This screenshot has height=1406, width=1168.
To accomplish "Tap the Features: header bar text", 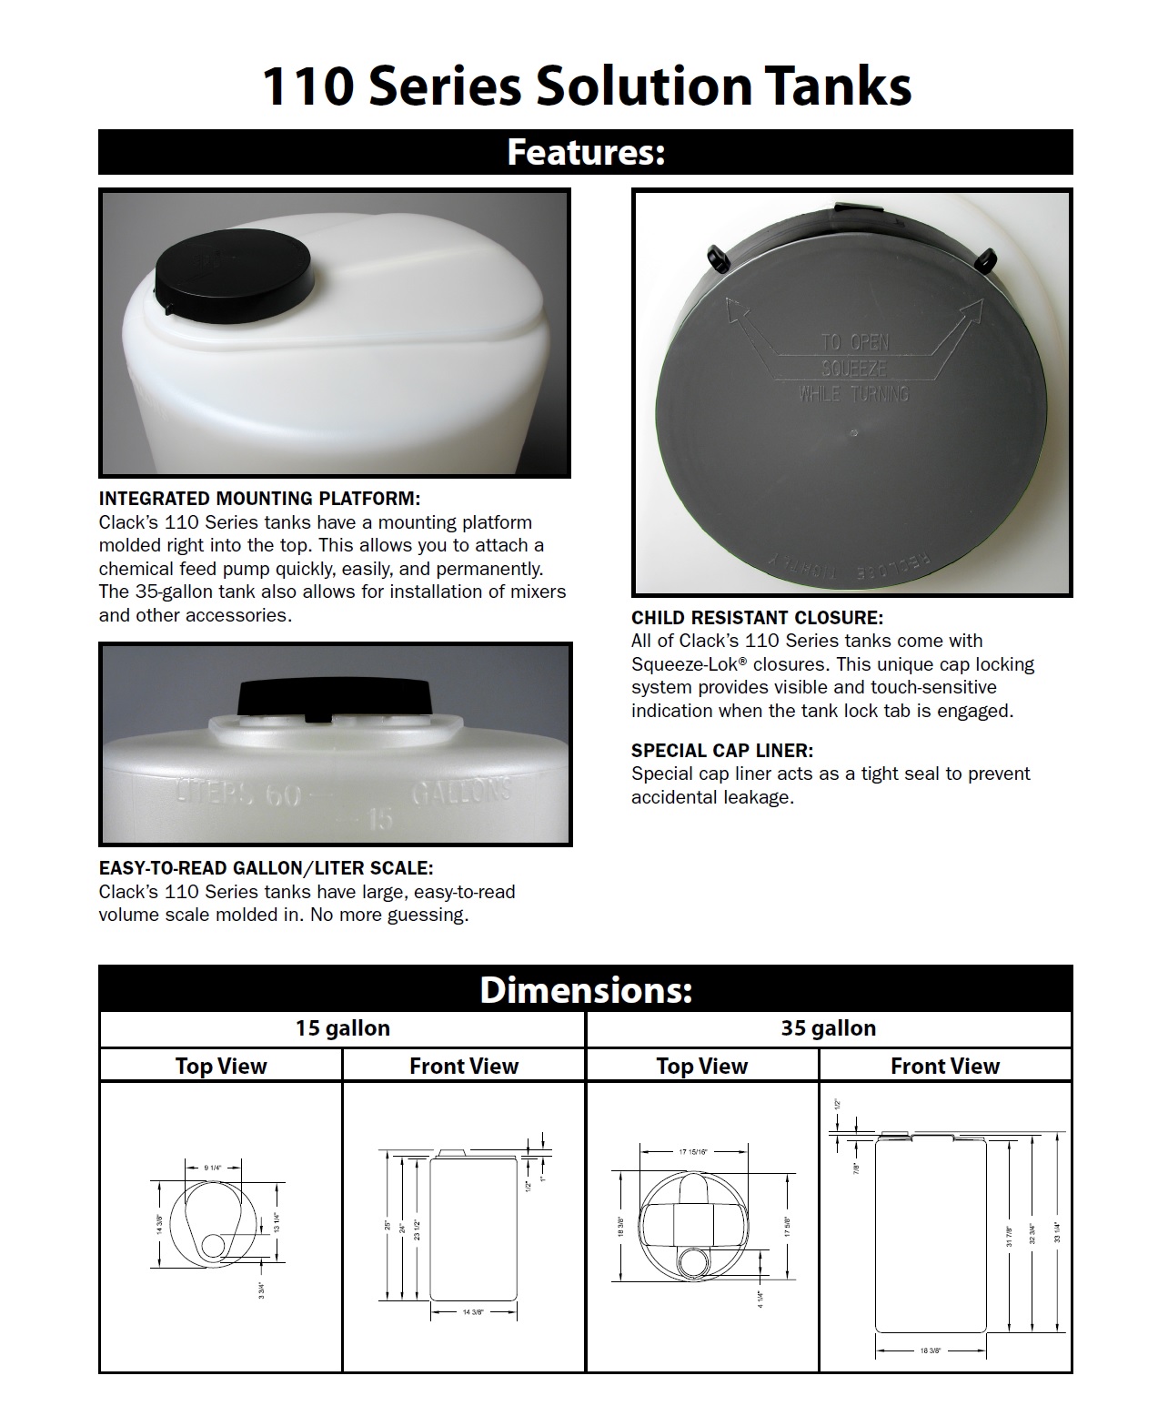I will click(585, 152).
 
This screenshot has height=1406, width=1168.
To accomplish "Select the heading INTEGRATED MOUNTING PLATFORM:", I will click(259, 499).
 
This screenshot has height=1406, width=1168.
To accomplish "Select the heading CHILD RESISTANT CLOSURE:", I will click(757, 618).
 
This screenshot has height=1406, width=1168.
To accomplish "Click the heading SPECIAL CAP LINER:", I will click(722, 751).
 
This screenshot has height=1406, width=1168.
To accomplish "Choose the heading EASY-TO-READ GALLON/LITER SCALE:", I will click(266, 868).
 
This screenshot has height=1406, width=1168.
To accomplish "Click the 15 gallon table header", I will click(342, 1028).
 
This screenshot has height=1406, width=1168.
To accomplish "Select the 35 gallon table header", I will click(828, 1028).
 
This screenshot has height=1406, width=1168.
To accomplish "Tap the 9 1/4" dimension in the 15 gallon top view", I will click(212, 1167).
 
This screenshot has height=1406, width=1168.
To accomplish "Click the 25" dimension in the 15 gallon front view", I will click(386, 1225).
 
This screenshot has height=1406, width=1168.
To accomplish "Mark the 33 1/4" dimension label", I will click(1058, 1233).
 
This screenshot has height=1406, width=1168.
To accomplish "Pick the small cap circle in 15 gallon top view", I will click(216, 1245).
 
